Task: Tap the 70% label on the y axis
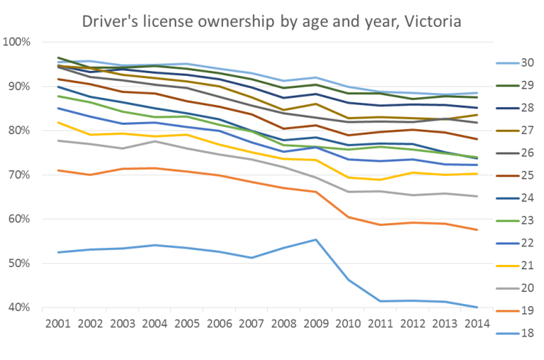(x=18, y=175)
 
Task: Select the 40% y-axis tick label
(x=18, y=308)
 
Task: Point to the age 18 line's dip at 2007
(x=251, y=257)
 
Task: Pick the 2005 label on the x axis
(x=186, y=324)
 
